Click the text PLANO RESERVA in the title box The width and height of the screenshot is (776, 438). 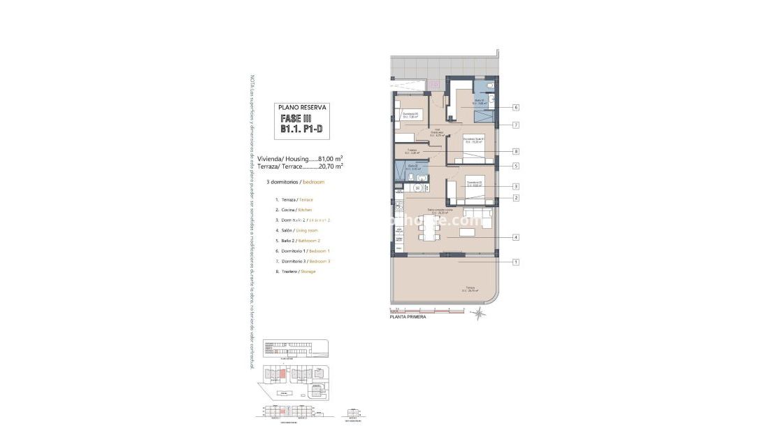click(x=301, y=108)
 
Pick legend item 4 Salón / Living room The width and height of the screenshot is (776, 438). click(x=296, y=230)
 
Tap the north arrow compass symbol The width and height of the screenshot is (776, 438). click(x=479, y=314)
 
